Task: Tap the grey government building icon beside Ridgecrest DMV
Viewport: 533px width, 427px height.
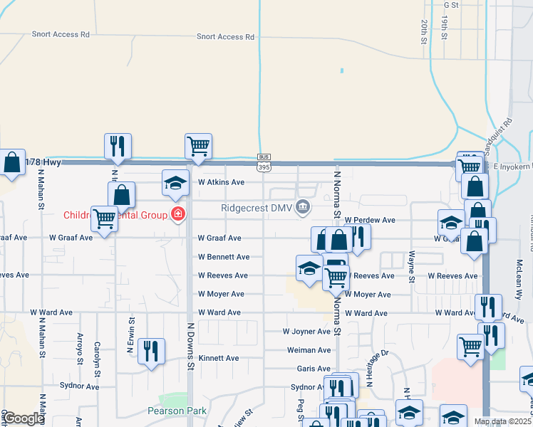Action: (304, 208)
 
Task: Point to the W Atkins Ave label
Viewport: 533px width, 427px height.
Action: (221, 182)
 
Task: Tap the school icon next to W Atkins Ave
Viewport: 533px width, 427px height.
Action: (175, 183)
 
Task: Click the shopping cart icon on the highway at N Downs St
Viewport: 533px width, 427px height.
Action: (198, 146)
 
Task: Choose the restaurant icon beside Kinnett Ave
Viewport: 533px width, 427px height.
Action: (151, 351)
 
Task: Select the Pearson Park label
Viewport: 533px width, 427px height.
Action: (177, 411)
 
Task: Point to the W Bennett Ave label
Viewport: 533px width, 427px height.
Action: (224, 257)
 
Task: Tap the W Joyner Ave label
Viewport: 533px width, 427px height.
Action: (306, 332)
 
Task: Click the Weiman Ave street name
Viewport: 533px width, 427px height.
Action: (309, 350)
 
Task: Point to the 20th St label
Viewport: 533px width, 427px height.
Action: (423, 33)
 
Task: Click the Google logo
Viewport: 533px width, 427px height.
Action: (24, 419)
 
